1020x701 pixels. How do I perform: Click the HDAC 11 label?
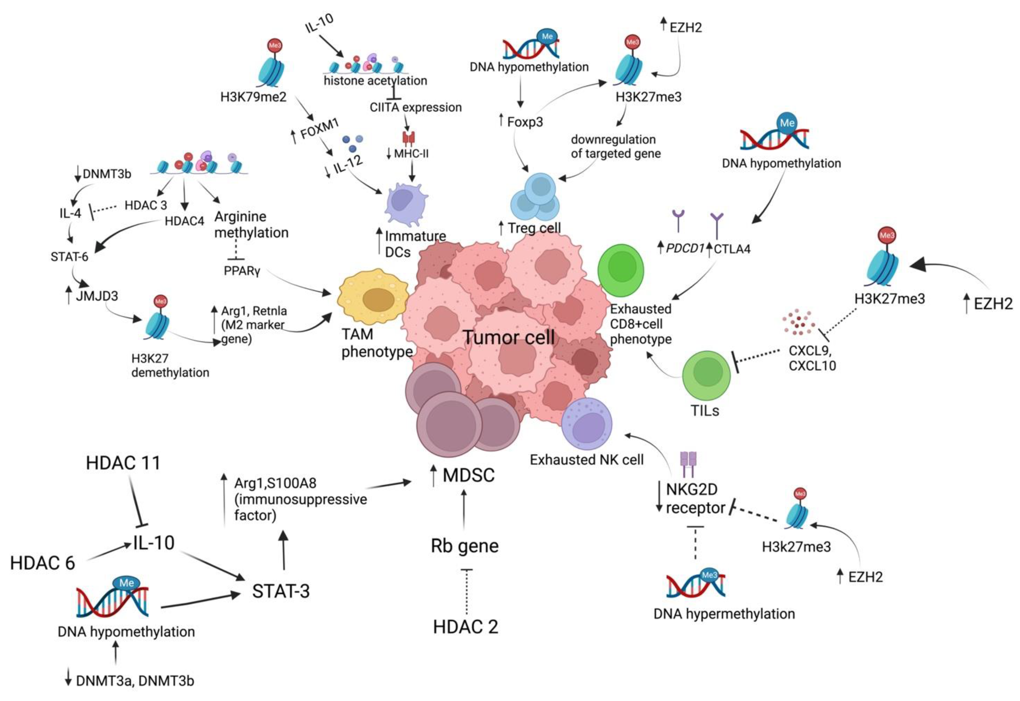[x=123, y=463]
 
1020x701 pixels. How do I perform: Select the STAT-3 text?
[x=281, y=591]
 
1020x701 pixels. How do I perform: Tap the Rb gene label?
[x=465, y=546]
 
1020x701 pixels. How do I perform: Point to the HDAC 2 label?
[x=466, y=627]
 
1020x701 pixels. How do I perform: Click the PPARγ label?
[x=242, y=271]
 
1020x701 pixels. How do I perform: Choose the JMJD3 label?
[x=96, y=296]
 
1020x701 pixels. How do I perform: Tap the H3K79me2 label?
[x=253, y=97]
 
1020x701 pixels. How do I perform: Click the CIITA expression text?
[x=415, y=108]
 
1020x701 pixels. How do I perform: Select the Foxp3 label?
[x=525, y=122]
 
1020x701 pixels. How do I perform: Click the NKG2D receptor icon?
[x=688, y=464]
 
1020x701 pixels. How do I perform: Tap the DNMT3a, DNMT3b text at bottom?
[x=135, y=681]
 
